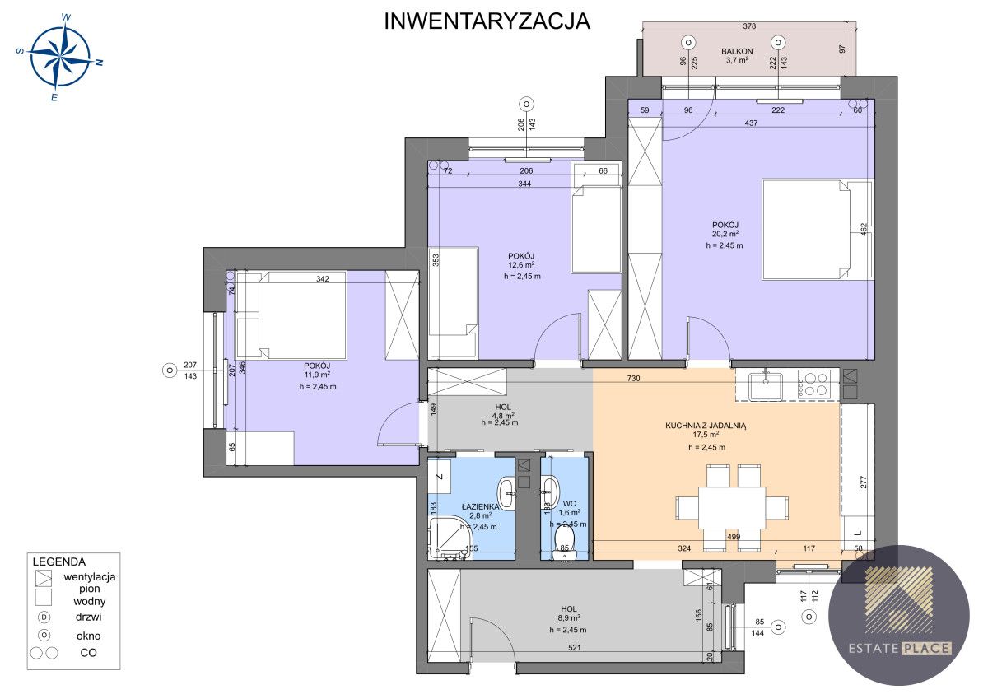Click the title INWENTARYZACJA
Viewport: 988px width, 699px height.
487,21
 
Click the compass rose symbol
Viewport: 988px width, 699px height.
59,57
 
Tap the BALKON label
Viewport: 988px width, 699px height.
737,51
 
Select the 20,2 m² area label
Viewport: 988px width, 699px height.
725,234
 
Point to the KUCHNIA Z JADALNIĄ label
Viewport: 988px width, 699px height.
706,426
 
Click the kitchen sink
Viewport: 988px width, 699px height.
766,386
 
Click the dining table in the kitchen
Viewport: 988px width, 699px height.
732,508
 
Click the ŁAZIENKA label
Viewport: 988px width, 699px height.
480,506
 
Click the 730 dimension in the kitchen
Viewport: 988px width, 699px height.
633,379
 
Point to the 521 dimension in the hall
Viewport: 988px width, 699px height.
575,648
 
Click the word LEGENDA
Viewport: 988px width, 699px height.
59,562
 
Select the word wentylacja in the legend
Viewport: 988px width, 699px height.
90,576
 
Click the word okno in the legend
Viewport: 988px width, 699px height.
88,636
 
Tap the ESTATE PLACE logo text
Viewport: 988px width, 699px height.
900,648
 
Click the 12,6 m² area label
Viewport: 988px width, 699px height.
521,265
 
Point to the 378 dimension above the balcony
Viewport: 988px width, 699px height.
749,26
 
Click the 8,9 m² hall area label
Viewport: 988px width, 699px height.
568,618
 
